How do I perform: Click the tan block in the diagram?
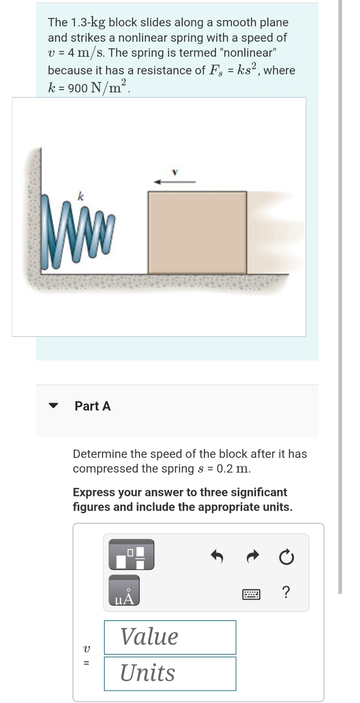(x=197, y=232)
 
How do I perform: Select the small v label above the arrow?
(x=175, y=171)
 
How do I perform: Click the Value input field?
(x=170, y=637)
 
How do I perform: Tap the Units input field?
(x=170, y=673)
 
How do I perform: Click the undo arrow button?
(x=217, y=557)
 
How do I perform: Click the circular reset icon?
(x=286, y=557)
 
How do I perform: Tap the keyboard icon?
(x=251, y=594)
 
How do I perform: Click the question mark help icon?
(x=286, y=592)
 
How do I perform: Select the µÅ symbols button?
(x=124, y=590)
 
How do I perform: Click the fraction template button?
(x=131, y=554)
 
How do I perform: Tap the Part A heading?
(x=93, y=406)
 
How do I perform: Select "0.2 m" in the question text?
(x=233, y=469)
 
